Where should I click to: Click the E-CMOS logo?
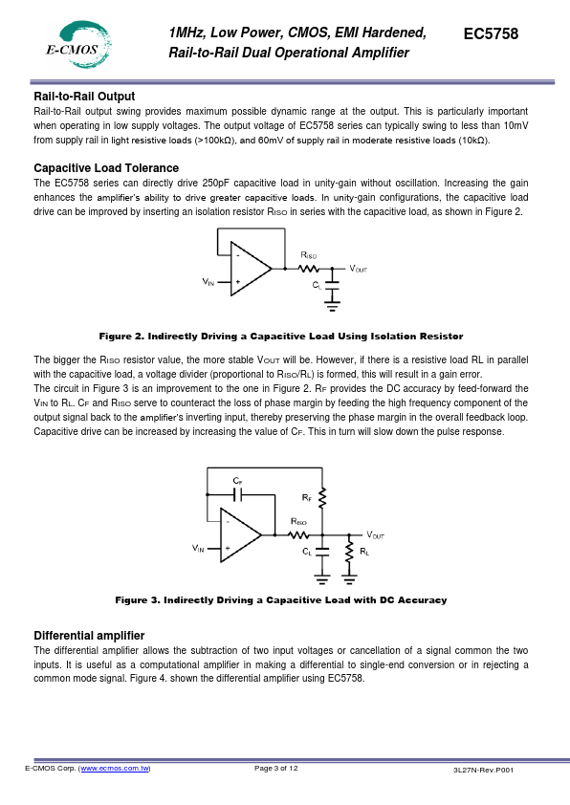click(78, 45)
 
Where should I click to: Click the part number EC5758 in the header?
click(491, 33)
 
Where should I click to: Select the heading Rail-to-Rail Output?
click(84, 97)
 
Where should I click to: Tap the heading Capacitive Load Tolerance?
click(106, 168)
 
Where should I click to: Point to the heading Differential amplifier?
click(89, 636)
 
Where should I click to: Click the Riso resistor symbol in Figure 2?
click(309, 268)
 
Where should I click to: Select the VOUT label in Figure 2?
click(359, 269)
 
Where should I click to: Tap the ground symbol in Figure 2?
click(333, 307)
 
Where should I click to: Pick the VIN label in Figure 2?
click(208, 282)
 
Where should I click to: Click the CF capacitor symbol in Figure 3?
click(237, 495)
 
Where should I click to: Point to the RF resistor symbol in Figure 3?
click(322, 498)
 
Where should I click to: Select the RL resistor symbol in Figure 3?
click(349, 553)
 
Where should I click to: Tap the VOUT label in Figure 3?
click(376, 535)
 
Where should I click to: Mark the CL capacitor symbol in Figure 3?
click(322, 552)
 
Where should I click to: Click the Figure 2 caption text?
click(281, 337)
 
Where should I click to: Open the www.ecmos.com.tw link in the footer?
click(115, 769)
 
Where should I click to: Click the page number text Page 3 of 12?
click(276, 769)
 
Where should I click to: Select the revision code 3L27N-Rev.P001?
click(483, 770)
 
